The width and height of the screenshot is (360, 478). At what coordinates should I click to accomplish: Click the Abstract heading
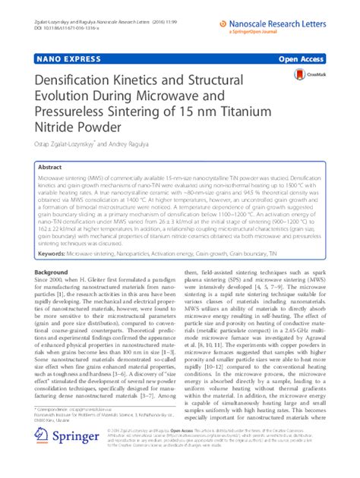click(x=50, y=166)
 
